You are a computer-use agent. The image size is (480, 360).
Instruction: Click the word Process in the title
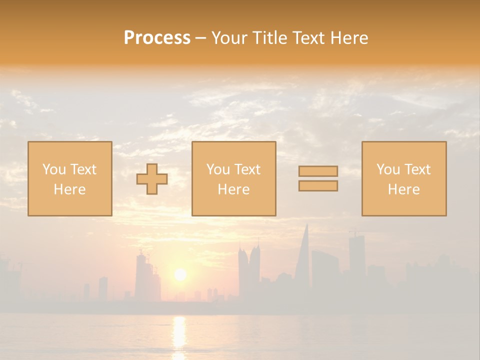click(157, 38)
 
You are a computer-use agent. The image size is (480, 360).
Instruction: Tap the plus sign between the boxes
click(152, 179)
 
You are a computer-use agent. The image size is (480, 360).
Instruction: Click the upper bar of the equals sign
click(318, 171)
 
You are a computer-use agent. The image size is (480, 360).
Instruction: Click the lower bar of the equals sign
click(318, 186)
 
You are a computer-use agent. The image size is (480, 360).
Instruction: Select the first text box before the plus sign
click(70, 179)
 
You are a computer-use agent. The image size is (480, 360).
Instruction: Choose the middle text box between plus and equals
click(233, 179)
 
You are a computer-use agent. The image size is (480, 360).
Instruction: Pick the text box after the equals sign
click(404, 179)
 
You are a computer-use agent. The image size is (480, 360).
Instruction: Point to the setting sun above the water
click(180, 274)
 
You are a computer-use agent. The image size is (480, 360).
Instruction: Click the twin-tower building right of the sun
click(249, 270)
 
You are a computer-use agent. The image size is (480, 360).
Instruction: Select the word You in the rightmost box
click(387, 169)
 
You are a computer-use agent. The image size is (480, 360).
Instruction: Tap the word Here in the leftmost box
click(70, 189)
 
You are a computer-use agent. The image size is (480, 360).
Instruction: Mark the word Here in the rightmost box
click(404, 189)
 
